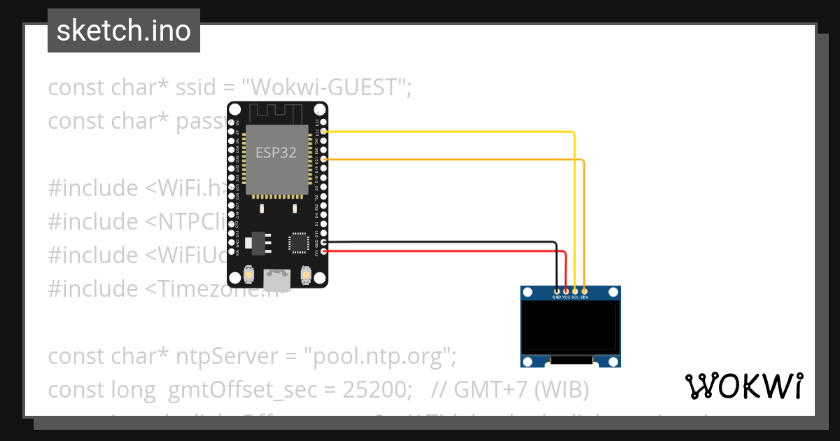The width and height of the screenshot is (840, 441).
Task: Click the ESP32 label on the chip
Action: (276, 153)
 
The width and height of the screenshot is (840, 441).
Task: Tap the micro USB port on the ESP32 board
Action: (277, 281)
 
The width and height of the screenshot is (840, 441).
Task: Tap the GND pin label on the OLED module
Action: (556, 297)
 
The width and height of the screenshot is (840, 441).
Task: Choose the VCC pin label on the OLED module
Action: (566, 297)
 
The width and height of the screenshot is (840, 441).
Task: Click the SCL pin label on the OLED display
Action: (575, 297)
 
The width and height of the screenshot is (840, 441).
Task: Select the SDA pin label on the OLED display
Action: (584, 297)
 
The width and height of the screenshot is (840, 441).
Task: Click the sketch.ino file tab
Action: (124, 31)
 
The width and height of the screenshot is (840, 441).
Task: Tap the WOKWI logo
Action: (743, 386)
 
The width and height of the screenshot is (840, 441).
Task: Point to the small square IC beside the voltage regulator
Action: (298, 242)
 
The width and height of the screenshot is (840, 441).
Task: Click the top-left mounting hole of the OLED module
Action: (527, 293)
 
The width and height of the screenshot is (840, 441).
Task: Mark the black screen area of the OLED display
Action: (570, 327)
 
